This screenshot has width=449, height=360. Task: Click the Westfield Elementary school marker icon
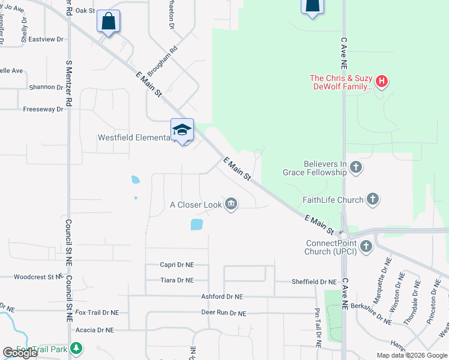point(182,129)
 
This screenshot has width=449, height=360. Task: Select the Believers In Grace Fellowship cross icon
point(356,167)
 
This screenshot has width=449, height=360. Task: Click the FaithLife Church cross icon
point(373,200)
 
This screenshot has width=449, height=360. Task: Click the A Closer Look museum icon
point(231,205)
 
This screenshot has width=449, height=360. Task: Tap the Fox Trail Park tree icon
point(76,348)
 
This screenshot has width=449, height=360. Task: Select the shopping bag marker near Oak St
point(108,22)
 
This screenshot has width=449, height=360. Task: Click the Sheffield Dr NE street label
point(314,281)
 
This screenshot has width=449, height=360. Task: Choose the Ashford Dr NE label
point(222,296)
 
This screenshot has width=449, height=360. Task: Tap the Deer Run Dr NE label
point(223,313)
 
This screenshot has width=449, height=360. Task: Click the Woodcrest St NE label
point(38,277)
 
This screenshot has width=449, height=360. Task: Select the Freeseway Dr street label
point(43,109)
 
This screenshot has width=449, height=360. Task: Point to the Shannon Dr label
point(46,87)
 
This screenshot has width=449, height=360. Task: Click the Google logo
point(20,353)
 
